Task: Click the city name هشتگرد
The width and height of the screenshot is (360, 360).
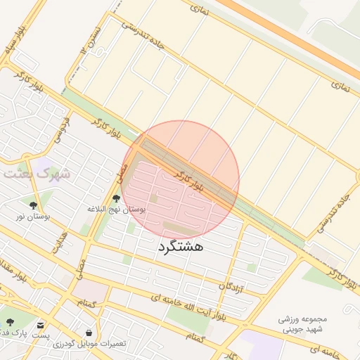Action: point(181,247)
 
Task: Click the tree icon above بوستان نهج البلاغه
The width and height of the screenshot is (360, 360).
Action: point(116,199)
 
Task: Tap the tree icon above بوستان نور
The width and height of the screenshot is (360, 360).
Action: point(32,205)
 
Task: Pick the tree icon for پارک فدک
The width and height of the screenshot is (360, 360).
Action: point(9,322)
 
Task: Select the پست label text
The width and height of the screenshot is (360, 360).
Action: point(40,335)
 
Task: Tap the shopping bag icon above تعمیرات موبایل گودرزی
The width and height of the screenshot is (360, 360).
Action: point(89,333)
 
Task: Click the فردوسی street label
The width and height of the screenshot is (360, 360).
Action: point(67,127)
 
